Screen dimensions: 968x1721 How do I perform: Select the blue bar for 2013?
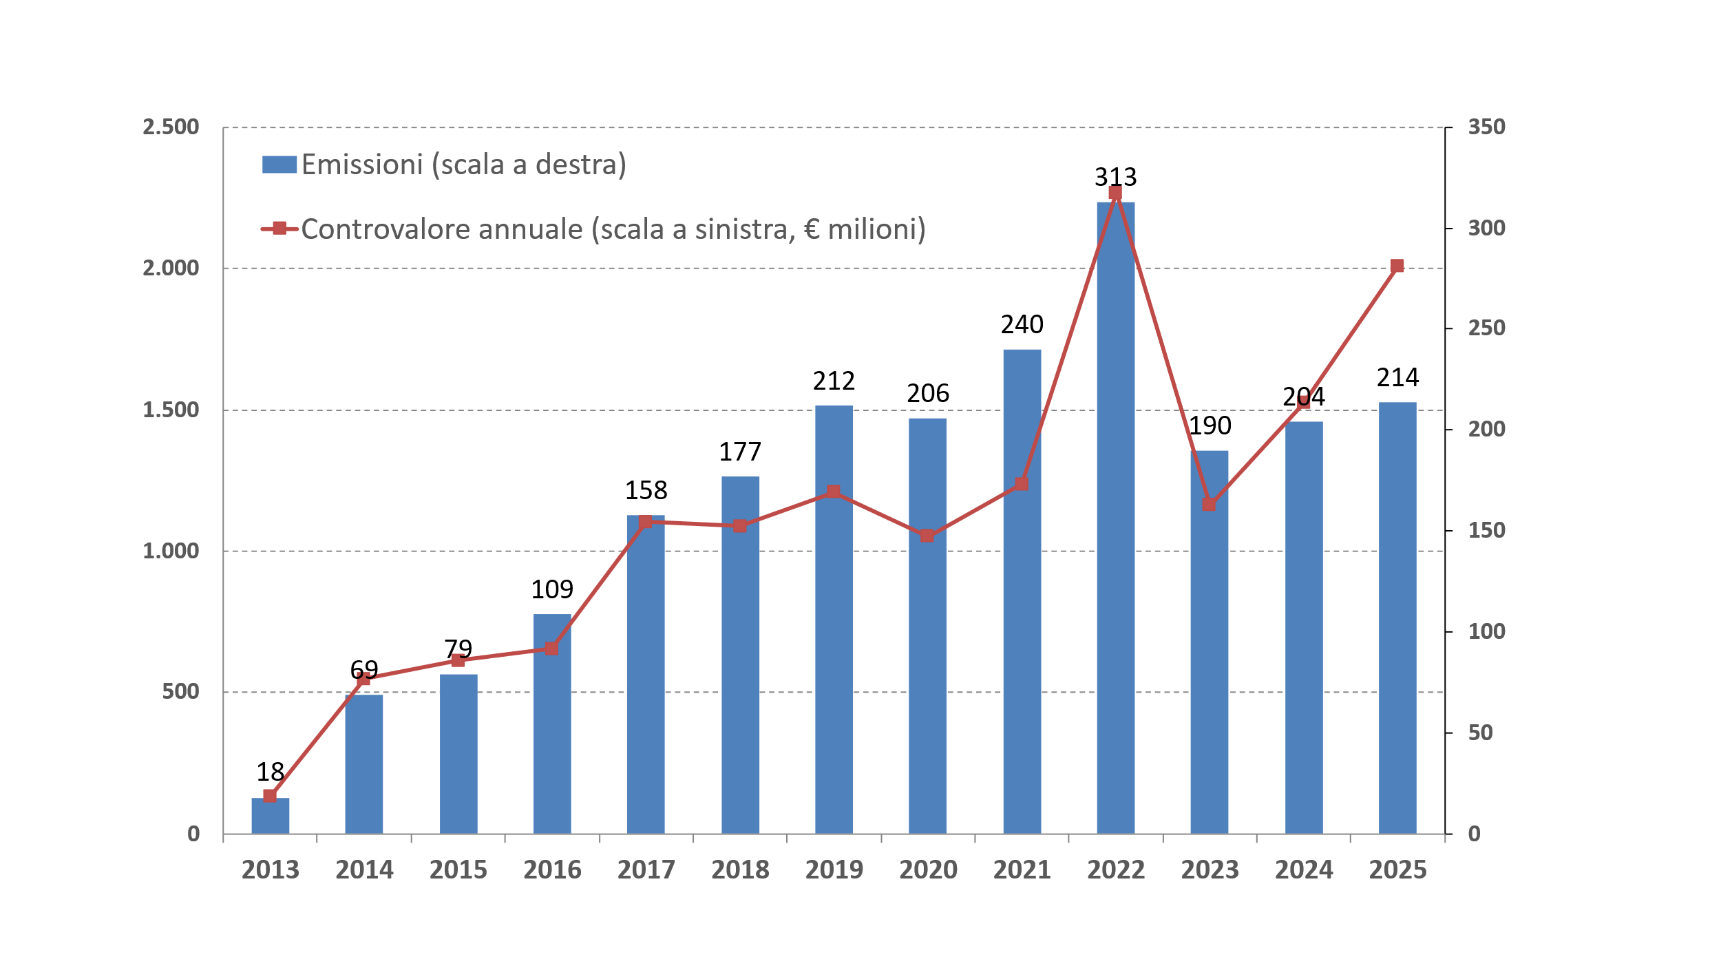(x=270, y=816)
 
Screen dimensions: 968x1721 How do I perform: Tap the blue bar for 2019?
(x=834, y=620)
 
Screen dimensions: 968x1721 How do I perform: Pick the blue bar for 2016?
(x=552, y=723)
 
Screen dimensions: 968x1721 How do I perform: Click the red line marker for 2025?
(x=1397, y=266)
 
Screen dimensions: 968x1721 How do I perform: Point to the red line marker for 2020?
(x=927, y=536)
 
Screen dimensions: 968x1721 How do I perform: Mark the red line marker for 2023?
(x=1209, y=505)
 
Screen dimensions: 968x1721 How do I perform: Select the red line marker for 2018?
(x=740, y=526)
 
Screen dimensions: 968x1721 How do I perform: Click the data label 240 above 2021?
(x=1022, y=324)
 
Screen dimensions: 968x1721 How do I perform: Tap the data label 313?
(x=1115, y=177)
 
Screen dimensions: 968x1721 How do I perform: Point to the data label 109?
(x=552, y=589)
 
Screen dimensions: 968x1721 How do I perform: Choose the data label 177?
(x=740, y=452)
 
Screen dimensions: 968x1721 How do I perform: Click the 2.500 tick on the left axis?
(x=170, y=127)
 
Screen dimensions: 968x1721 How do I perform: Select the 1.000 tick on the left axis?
(x=170, y=551)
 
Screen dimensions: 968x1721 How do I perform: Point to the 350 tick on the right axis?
(x=1487, y=127)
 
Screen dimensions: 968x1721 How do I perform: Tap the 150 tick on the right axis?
(x=1487, y=530)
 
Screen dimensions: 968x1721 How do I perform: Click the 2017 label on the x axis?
(x=646, y=870)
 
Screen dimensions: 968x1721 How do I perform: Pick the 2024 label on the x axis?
(x=1304, y=870)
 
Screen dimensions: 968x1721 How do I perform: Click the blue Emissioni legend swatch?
(x=279, y=165)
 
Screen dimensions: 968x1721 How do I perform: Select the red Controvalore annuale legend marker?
(x=279, y=229)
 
